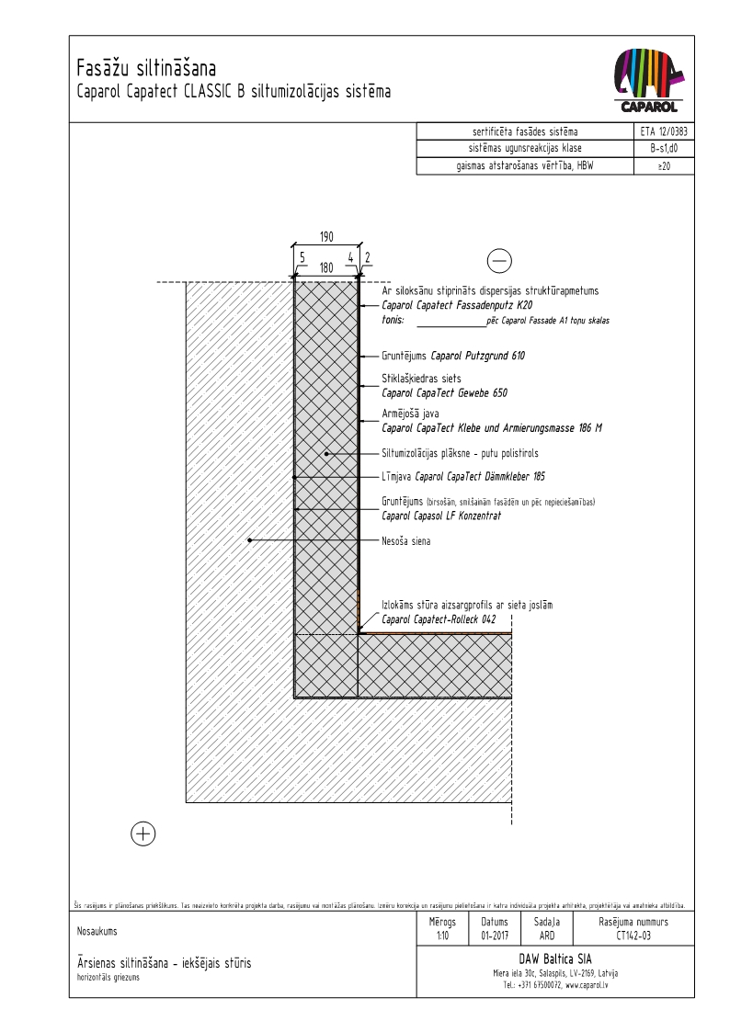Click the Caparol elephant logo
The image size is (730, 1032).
click(x=649, y=81)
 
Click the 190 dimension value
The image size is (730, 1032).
click(x=326, y=237)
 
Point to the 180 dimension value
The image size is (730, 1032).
click(x=326, y=267)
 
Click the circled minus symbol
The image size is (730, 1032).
click(x=500, y=262)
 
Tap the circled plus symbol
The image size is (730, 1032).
click(x=143, y=834)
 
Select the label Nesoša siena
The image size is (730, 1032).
click(x=406, y=541)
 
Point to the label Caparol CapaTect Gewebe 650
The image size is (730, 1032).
click(x=445, y=392)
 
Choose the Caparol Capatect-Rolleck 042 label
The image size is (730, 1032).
click(x=439, y=619)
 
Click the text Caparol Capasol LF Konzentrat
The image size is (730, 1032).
click(x=441, y=516)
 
